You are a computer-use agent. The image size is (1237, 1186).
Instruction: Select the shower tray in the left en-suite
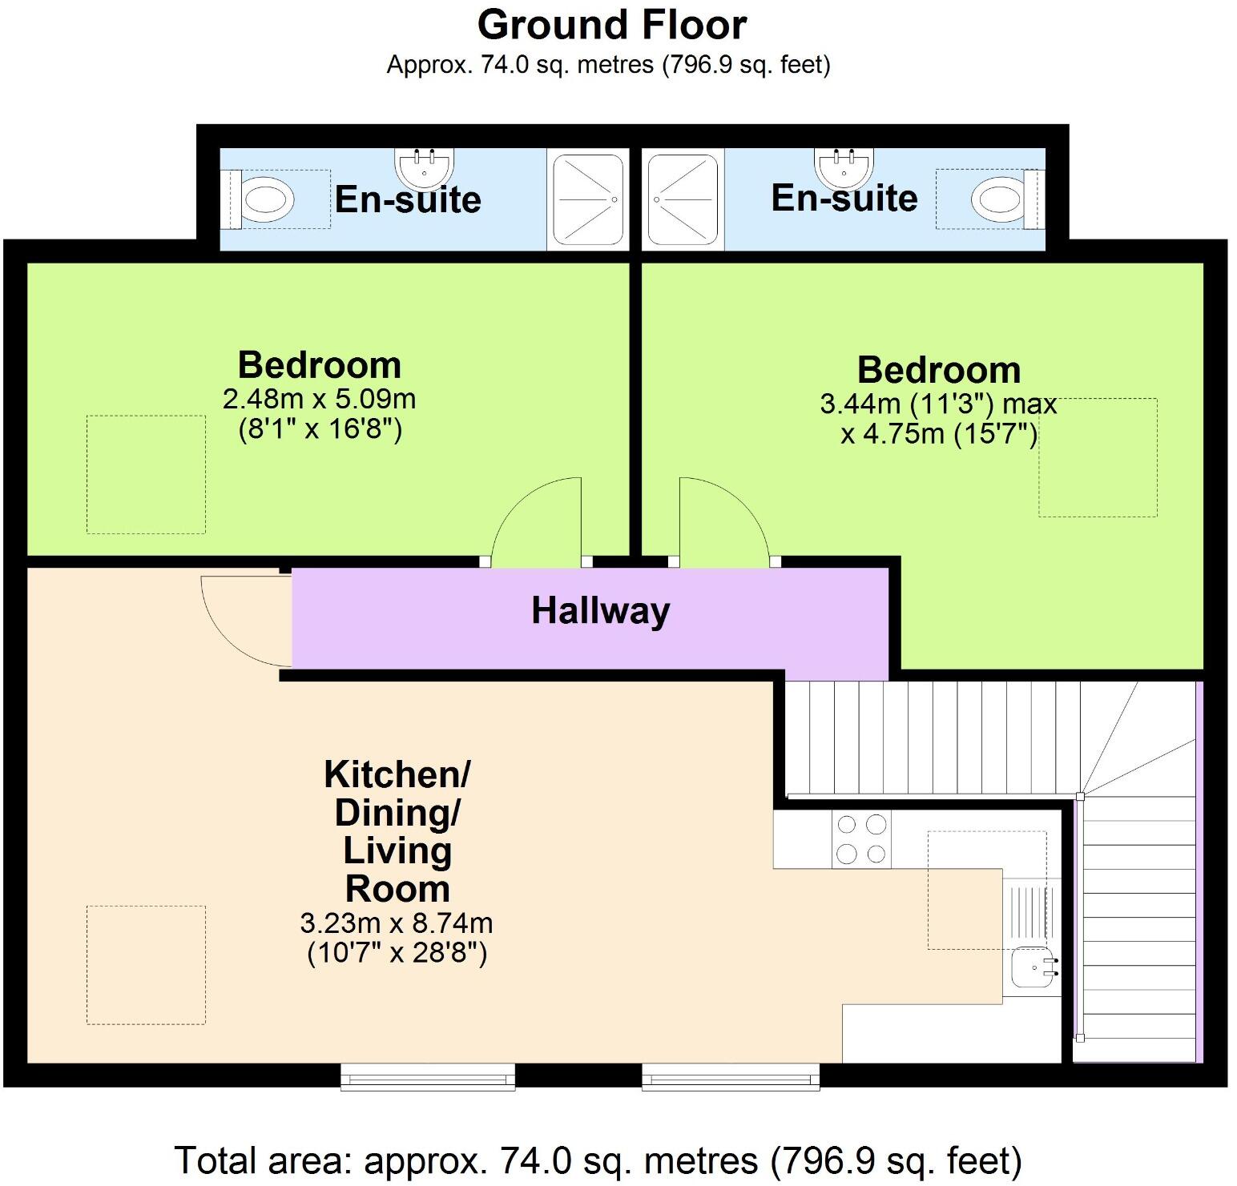tap(588, 199)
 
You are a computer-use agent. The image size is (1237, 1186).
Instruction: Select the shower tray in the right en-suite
tap(683, 199)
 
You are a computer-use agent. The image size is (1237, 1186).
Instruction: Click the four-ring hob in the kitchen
tap(861, 839)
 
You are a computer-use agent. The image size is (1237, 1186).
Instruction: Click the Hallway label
tap(601, 611)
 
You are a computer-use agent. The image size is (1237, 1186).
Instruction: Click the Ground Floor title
tap(612, 25)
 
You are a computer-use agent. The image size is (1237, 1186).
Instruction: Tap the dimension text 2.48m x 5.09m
tap(320, 398)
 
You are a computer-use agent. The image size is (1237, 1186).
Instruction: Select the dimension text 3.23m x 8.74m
tap(397, 923)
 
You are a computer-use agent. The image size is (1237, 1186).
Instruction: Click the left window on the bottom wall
tap(428, 1077)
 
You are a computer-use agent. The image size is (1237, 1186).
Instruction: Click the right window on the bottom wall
tap(731, 1077)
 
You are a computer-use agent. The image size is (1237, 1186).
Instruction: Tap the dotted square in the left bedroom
tap(146, 474)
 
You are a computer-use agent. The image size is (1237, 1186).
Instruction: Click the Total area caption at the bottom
tap(598, 1160)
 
